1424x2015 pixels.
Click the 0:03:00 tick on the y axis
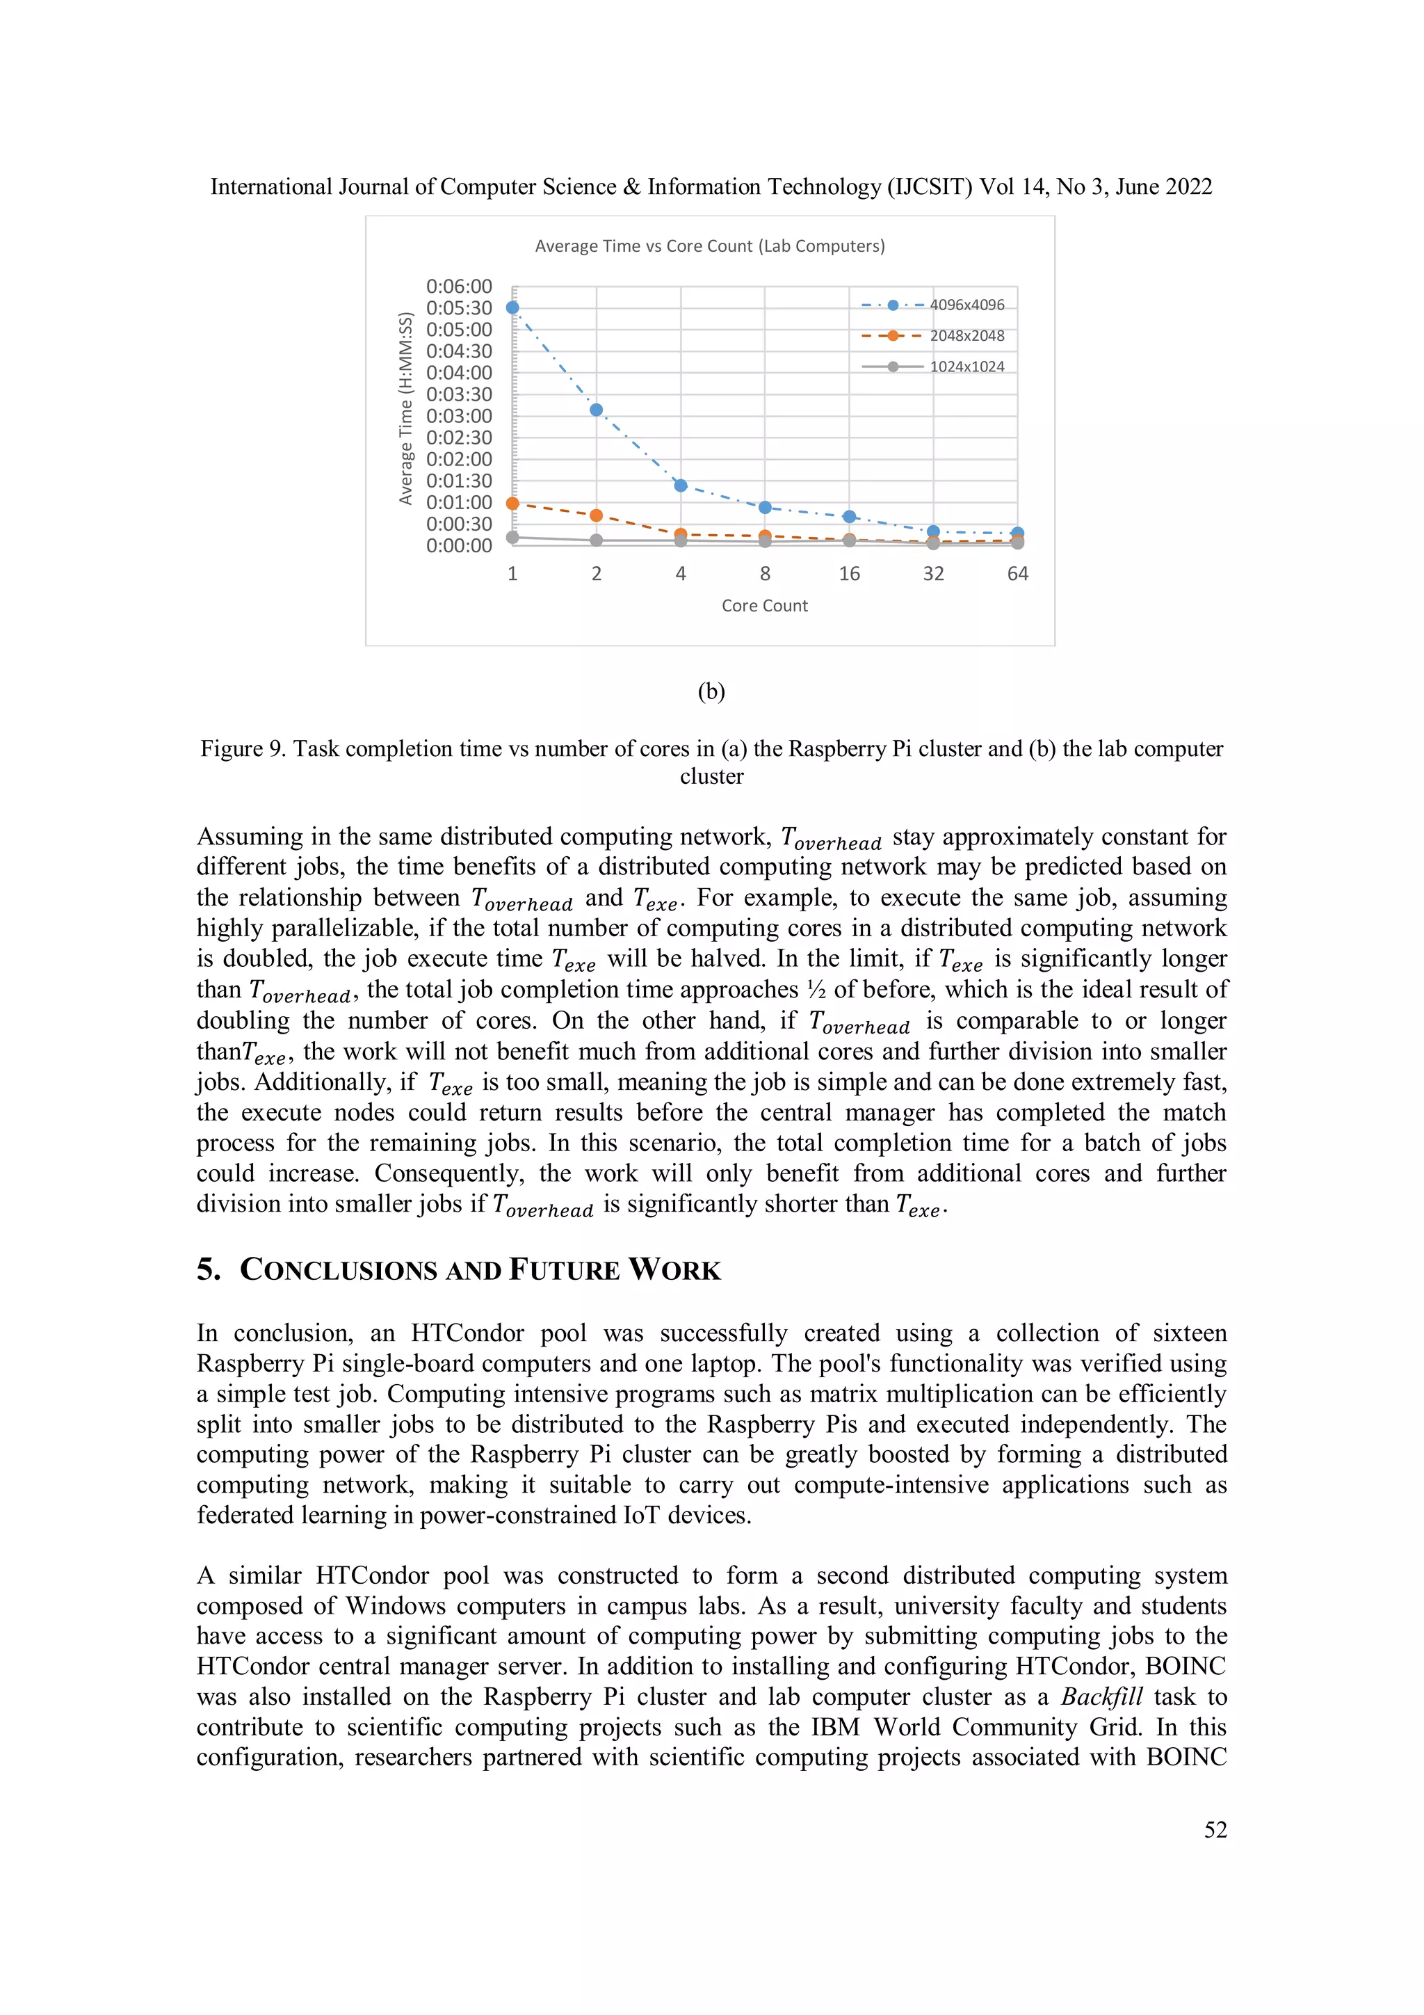(x=459, y=416)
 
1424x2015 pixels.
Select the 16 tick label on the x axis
(x=848, y=574)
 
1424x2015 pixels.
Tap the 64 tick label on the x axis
(x=1017, y=574)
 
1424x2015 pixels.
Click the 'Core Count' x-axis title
(x=764, y=606)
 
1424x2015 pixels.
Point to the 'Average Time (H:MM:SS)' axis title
(x=405, y=408)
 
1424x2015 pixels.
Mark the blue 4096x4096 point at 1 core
(x=512, y=308)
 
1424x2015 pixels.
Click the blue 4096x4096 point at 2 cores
(x=597, y=410)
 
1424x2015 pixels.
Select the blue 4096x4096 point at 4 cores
(x=681, y=485)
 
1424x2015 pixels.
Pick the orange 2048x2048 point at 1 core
(x=512, y=504)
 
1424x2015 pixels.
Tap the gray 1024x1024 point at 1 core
(x=512, y=537)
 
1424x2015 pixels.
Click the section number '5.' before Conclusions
(x=209, y=1270)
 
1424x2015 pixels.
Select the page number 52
(x=1215, y=1830)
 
